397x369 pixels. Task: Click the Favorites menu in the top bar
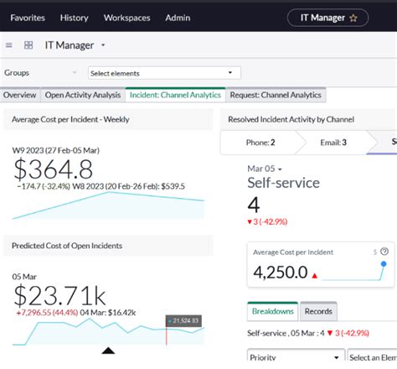tap(28, 17)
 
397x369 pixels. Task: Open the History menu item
tap(75, 17)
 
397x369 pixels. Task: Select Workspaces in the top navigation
tap(126, 17)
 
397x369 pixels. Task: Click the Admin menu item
tap(178, 17)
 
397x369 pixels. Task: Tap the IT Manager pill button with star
tap(334, 17)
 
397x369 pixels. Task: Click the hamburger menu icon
tap(9, 45)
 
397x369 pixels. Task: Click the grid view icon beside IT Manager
tap(28, 45)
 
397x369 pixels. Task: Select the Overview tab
tap(19, 96)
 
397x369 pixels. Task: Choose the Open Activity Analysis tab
tap(82, 96)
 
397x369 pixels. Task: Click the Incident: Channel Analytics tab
tap(176, 96)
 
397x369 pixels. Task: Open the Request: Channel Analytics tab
tap(276, 96)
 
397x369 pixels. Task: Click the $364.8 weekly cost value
tap(54, 169)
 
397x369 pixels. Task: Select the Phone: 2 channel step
tap(260, 143)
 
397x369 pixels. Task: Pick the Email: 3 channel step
tap(333, 143)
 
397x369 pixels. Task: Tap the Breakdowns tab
tap(272, 311)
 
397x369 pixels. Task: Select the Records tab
tap(318, 311)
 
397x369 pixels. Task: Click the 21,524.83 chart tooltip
tap(185, 320)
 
